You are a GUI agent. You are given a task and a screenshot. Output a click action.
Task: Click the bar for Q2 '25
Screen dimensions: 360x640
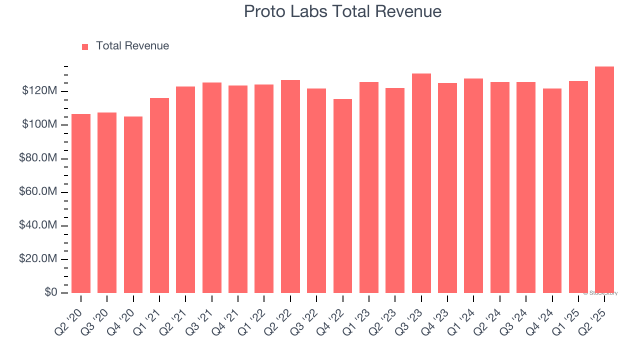[604, 180]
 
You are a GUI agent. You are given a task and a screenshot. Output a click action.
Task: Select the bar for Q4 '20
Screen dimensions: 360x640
[133, 205]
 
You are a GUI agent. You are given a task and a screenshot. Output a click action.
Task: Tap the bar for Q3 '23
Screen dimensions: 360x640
[421, 183]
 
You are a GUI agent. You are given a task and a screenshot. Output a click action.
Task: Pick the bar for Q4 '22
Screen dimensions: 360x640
[342, 196]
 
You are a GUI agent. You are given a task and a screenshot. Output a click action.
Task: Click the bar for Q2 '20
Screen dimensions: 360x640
[81, 203]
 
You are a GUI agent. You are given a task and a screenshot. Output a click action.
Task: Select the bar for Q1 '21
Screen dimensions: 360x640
[159, 195]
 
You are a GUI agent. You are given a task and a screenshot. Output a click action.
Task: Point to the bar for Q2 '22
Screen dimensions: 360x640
[290, 186]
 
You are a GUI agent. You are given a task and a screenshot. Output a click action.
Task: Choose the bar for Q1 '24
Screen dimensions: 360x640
[473, 186]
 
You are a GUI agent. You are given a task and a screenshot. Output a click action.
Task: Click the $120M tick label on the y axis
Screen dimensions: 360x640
[39, 91]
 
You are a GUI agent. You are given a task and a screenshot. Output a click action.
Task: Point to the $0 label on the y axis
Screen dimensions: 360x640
[50, 292]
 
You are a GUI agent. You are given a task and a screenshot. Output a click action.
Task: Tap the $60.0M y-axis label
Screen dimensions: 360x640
[38, 192]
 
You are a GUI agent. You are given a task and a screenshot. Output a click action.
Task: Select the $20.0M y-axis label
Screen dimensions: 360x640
[38, 259]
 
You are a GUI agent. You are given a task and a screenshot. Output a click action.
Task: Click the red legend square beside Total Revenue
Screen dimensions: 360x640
[85, 46]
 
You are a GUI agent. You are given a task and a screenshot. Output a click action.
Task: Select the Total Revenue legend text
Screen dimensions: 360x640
[132, 46]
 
